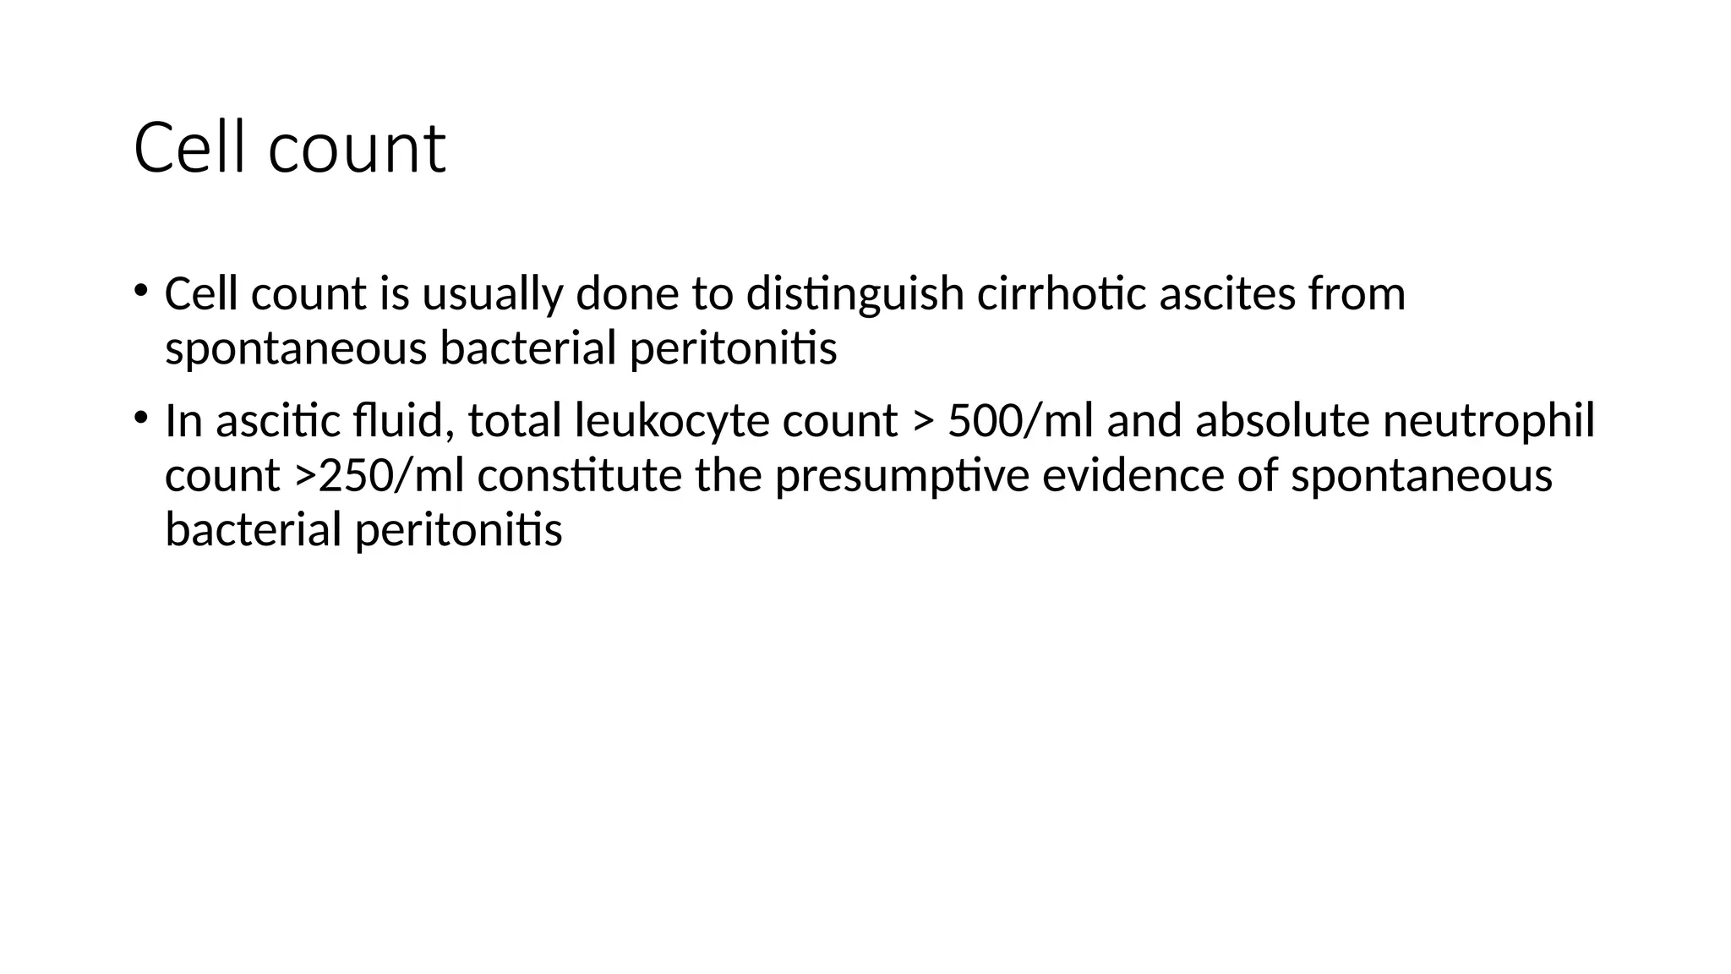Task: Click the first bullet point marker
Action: [140, 291]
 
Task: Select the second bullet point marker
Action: [140, 417]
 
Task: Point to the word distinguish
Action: [855, 295]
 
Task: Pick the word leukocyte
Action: [672, 421]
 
